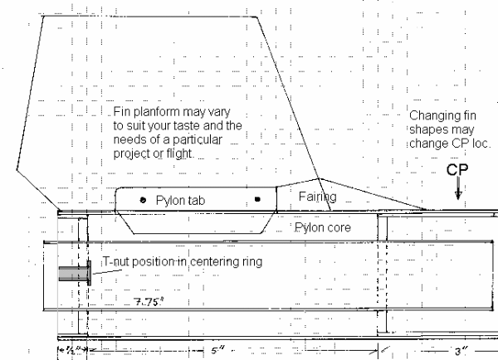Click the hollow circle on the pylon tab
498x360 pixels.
point(144,201)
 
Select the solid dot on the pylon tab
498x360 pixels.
point(257,200)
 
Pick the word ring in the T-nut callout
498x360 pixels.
point(247,261)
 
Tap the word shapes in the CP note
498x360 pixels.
point(427,129)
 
